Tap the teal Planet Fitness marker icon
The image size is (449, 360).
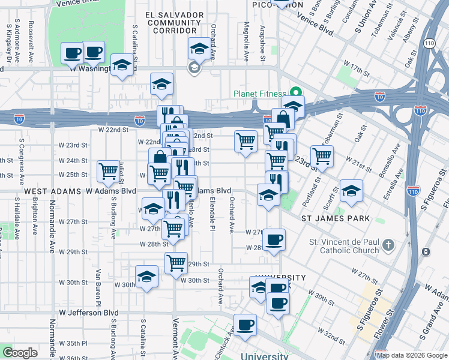coord(295,93)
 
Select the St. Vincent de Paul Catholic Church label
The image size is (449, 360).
coord(344,246)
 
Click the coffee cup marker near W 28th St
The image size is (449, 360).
coord(274,240)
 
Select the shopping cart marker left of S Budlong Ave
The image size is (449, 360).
coord(109,171)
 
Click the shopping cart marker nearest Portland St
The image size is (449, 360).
coord(322,155)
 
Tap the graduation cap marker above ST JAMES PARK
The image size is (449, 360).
coord(351,191)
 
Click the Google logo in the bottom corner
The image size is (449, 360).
coord(20,353)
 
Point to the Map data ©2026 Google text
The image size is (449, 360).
coord(412,355)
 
